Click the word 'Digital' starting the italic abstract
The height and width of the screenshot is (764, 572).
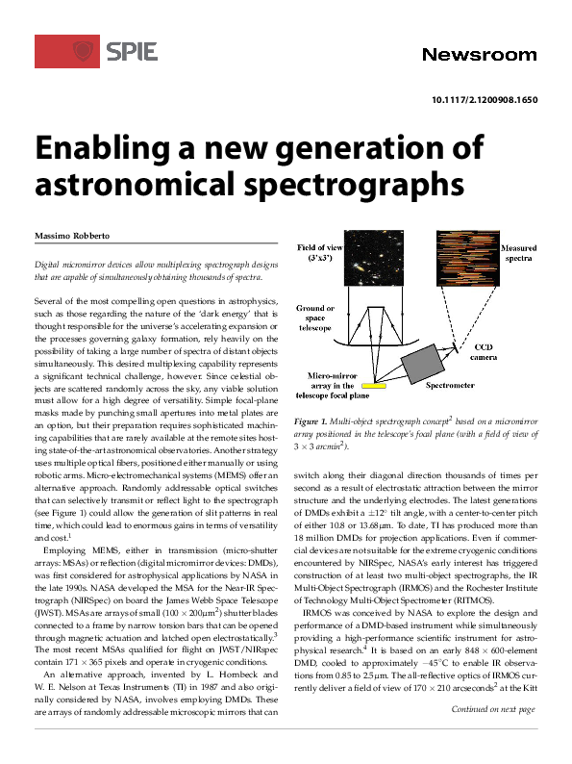point(49,264)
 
